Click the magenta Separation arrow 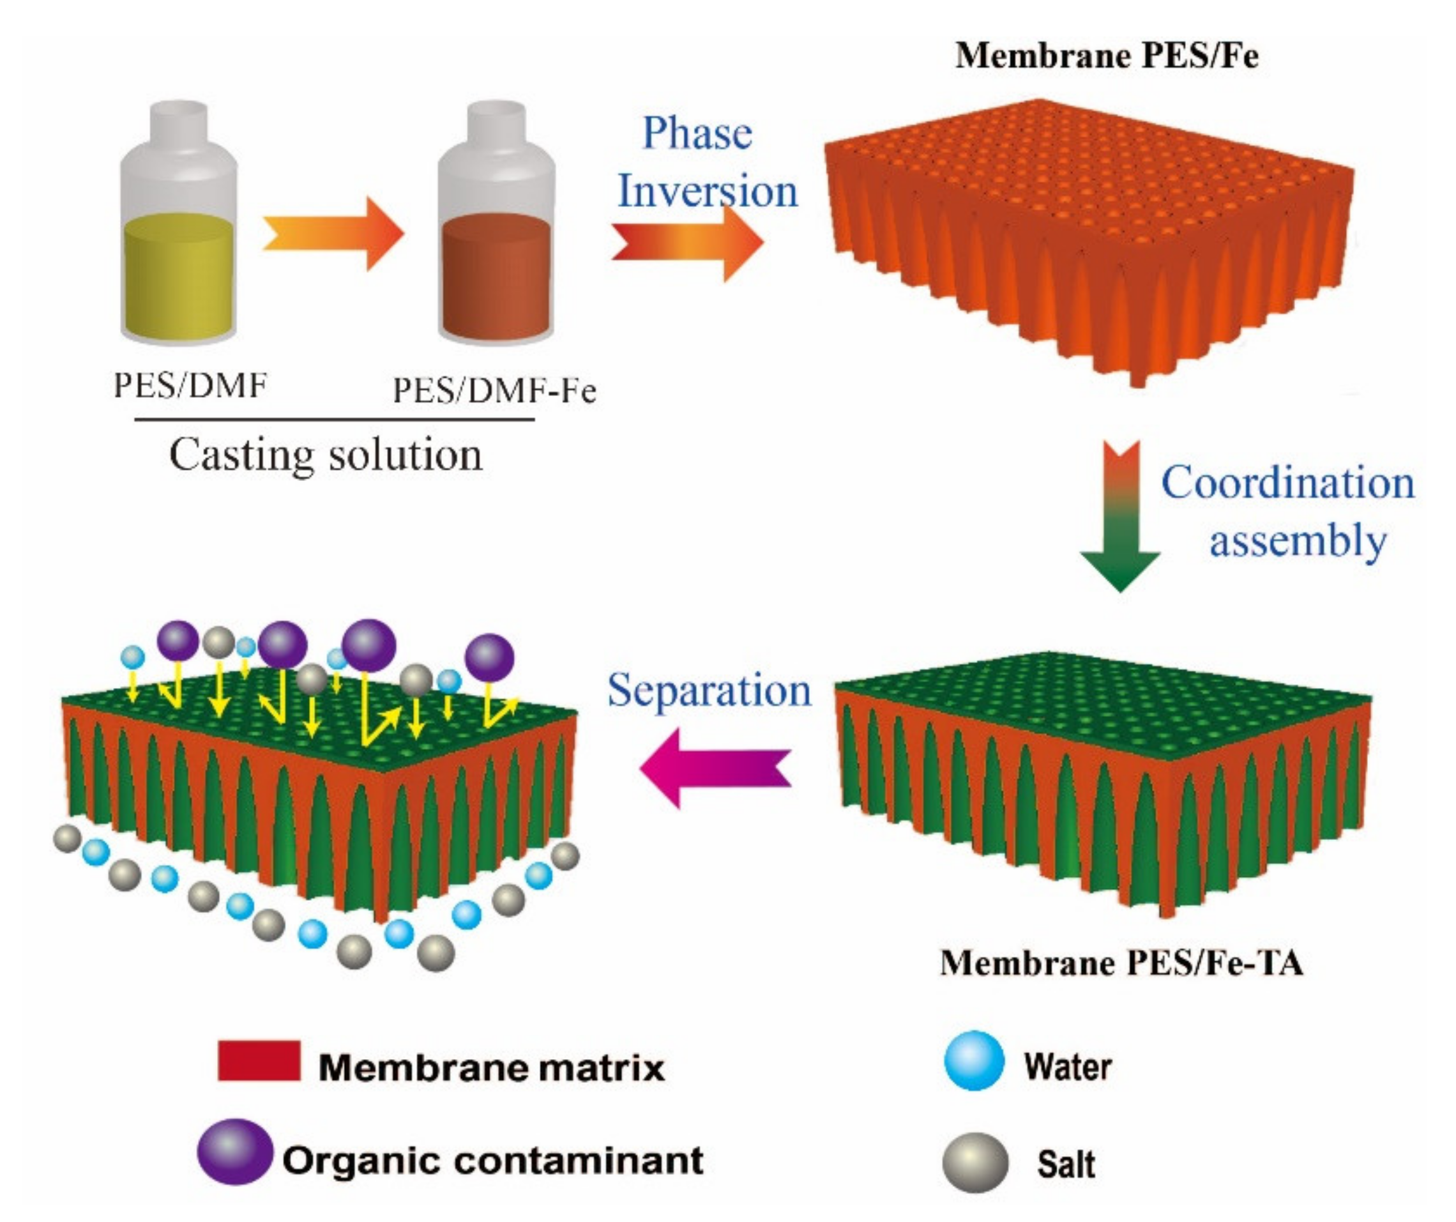pos(714,767)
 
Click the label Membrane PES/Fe pos(1107,56)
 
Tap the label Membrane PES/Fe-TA pos(1121,963)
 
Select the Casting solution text pos(326,455)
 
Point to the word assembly pos(1297,541)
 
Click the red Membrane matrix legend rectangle pos(259,1060)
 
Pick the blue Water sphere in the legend pos(974,1060)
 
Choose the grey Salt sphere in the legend pos(975,1163)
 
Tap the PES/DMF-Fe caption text pos(494,390)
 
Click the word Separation pos(709,690)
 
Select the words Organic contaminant pos(493,1159)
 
